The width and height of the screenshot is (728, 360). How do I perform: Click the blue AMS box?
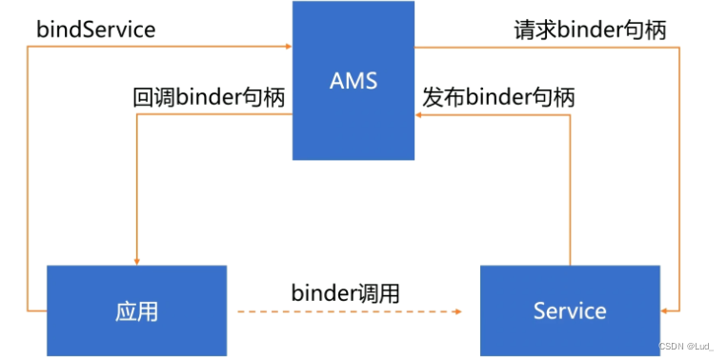pos(354,81)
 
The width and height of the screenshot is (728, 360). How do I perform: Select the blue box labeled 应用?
pos(137,310)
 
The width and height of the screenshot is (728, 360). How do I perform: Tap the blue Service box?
pos(569,310)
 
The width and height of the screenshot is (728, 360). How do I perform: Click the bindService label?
pos(95,29)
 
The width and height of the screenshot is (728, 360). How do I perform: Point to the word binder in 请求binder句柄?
pos(588,29)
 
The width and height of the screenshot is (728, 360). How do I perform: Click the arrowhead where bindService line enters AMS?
pos(287,45)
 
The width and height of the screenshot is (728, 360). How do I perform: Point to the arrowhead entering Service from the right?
pos(666,310)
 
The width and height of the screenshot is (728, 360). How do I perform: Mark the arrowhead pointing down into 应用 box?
pos(138,260)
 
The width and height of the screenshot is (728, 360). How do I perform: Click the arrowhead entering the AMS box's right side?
pos(420,114)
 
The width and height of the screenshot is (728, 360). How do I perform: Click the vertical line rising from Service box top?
pos(570,190)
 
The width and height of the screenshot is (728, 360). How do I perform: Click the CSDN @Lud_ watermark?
pos(685,348)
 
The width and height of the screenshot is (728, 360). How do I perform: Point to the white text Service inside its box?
pos(569,310)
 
